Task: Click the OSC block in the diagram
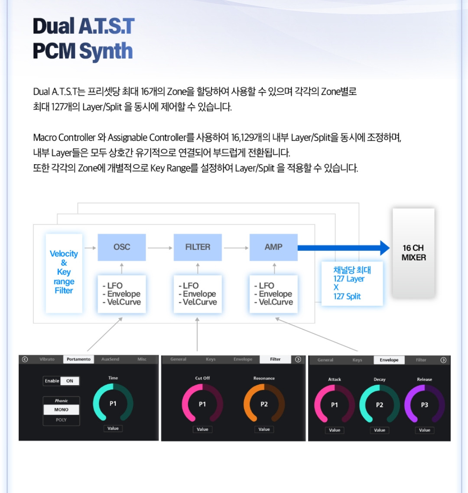[x=121, y=247]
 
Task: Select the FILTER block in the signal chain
[x=198, y=247]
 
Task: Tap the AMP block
[x=273, y=247]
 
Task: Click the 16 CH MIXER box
[x=413, y=253]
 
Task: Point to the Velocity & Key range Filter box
[x=64, y=272]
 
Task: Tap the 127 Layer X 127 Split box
[x=352, y=283]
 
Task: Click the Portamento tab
[x=78, y=359]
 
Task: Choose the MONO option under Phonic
[x=61, y=409]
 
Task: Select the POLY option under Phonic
[x=61, y=420]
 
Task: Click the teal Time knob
[x=113, y=403]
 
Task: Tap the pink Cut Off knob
[x=202, y=404]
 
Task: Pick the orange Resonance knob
[x=264, y=404]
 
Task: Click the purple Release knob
[x=424, y=405]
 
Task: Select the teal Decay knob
[x=379, y=405]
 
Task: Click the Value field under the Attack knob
[x=335, y=430]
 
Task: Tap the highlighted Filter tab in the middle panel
[x=275, y=359]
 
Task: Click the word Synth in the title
[x=106, y=51]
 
